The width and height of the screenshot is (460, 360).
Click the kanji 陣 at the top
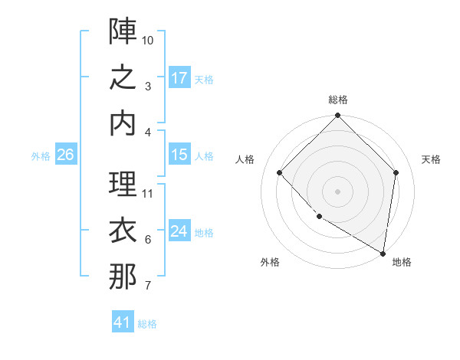click(x=123, y=31)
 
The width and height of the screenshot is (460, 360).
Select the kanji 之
click(x=123, y=78)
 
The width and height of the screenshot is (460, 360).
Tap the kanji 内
click(x=123, y=124)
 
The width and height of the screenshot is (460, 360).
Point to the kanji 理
click(x=123, y=185)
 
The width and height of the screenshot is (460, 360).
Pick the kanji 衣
click(x=123, y=231)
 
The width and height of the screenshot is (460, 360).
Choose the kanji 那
click(x=123, y=277)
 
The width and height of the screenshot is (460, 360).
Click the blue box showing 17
click(x=179, y=78)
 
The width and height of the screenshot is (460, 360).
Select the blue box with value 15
click(x=179, y=155)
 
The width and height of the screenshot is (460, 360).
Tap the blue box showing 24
click(x=179, y=231)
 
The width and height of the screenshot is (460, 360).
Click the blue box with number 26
click(x=65, y=155)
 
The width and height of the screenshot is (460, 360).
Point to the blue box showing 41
click(x=123, y=322)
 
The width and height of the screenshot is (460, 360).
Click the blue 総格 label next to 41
click(x=147, y=324)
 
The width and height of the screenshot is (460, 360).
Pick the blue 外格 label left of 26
click(x=41, y=156)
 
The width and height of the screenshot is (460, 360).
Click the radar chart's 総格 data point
click(x=337, y=116)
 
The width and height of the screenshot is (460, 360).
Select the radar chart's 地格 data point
click(x=383, y=253)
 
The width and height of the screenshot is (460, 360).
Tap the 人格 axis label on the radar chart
click(x=245, y=159)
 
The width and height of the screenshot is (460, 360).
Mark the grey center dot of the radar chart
click(x=337, y=191)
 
